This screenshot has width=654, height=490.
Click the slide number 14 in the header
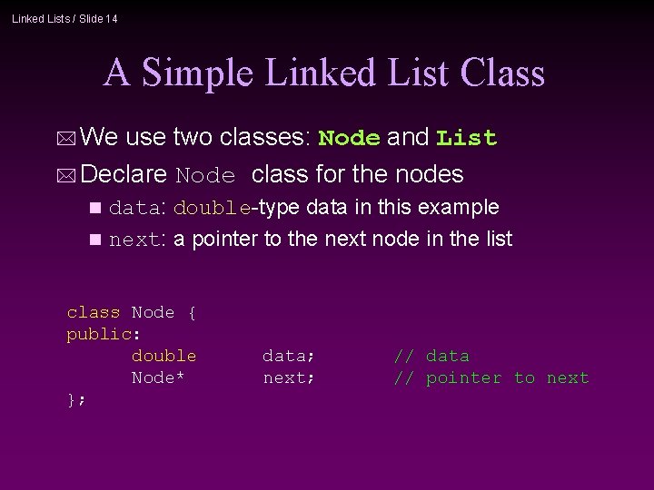(110, 18)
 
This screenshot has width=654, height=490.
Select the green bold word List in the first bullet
(466, 138)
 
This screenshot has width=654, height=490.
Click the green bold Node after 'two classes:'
(350, 138)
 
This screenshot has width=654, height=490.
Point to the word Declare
(124, 173)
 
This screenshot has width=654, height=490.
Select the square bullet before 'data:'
(97, 208)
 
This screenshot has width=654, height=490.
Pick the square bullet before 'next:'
(97, 240)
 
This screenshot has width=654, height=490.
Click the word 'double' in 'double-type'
(212, 208)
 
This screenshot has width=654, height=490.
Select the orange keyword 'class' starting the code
(93, 312)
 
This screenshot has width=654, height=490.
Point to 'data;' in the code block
(289, 356)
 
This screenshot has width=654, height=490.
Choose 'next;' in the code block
(289, 377)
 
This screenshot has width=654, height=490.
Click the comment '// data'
(431, 356)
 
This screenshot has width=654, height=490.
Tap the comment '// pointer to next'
(490, 377)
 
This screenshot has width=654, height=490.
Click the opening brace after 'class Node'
(192, 312)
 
